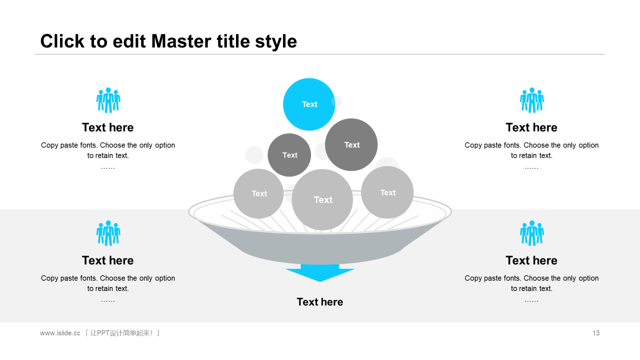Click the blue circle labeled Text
click(x=309, y=104)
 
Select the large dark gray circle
click(x=351, y=144)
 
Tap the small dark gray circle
click(x=289, y=155)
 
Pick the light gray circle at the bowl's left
click(x=258, y=193)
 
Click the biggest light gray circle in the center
click(x=322, y=199)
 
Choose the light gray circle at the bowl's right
click(x=387, y=192)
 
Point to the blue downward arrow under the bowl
click(x=320, y=273)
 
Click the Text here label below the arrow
click(x=320, y=302)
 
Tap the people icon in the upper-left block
click(x=108, y=100)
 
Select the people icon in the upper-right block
click(x=531, y=100)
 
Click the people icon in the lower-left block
click(x=108, y=233)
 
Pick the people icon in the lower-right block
click(x=531, y=233)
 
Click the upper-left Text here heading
click(x=108, y=127)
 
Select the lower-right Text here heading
click(x=531, y=260)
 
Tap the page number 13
click(x=596, y=333)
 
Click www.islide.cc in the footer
click(x=60, y=333)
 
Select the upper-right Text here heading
click(x=531, y=127)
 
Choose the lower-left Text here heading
click(x=108, y=260)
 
